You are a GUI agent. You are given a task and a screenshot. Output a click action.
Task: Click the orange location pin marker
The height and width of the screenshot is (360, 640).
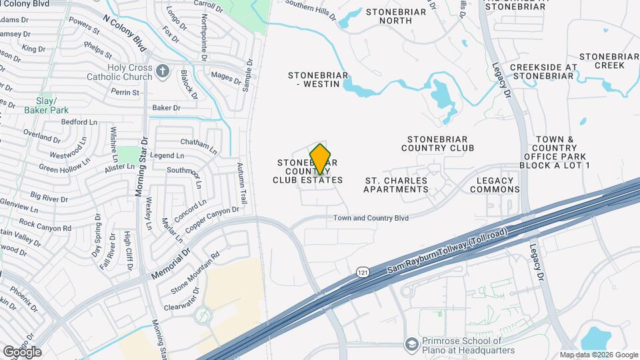321,159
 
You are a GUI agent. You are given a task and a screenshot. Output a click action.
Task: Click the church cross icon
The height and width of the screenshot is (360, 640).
163,70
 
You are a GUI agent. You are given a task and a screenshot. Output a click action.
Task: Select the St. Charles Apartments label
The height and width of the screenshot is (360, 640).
396,185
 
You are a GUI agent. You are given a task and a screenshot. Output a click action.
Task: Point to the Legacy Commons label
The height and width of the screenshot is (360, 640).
495,185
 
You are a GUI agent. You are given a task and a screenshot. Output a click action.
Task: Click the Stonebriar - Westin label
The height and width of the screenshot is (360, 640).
318,79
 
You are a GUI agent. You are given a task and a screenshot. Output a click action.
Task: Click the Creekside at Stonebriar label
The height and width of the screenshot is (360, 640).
541,71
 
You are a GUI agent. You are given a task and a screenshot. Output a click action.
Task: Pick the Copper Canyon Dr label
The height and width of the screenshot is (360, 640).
212,220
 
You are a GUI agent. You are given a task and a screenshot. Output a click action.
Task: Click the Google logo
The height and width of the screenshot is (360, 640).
22,351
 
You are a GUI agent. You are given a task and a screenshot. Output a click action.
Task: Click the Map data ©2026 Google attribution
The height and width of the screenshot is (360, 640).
599,355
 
